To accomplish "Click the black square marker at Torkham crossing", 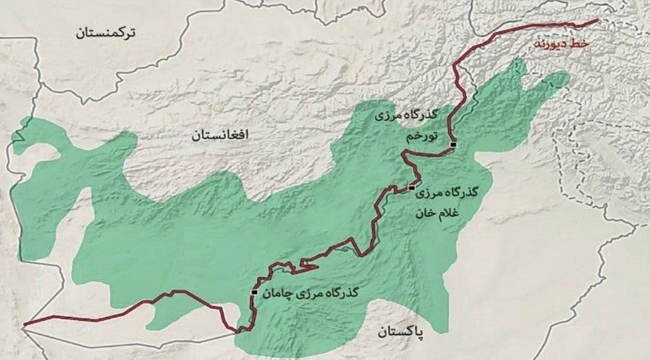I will (x=453, y=145).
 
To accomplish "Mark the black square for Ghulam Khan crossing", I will (x=411, y=188).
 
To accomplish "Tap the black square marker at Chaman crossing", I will (x=255, y=293).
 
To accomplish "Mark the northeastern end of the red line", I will (x=597, y=21).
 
